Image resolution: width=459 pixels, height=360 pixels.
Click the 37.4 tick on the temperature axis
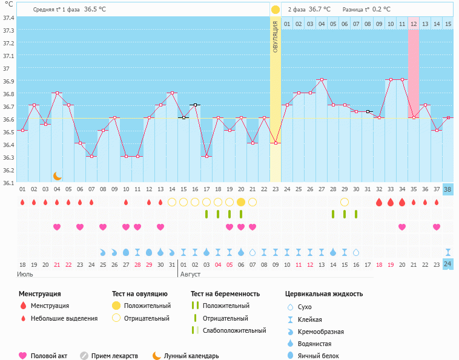click(x=7, y=18)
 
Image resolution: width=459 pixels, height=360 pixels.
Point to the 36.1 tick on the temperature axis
click(x=7, y=182)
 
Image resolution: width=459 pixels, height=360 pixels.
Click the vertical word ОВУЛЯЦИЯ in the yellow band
click(x=276, y=38)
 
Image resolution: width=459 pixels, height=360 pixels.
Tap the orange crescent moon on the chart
click(x=58, y=175)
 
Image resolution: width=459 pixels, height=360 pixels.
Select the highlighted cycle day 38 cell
click(x=447, y=189)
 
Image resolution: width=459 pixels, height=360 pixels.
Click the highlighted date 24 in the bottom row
click(x=447, y=264)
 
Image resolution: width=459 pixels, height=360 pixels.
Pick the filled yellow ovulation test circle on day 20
click(x=241, y=202)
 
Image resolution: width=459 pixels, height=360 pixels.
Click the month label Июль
click(x=25, y=274)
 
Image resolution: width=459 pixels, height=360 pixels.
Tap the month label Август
click(x=190, y=274)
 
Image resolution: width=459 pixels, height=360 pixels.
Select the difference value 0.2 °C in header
click(x=381, y=9)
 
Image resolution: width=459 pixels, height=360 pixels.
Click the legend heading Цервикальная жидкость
click(x=324, y=294)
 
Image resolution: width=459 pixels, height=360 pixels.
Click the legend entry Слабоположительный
click(x=234, y=331)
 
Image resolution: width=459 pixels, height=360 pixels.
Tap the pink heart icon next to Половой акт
click(x=23, y=356)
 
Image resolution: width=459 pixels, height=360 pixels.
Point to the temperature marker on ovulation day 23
click(x=276, y=143)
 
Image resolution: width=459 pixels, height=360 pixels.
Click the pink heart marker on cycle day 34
click(x=402, y=227)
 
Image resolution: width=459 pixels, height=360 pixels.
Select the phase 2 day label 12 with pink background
click(x=414, y=24)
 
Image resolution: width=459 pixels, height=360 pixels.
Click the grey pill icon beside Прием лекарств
click(x=84, y=356)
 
